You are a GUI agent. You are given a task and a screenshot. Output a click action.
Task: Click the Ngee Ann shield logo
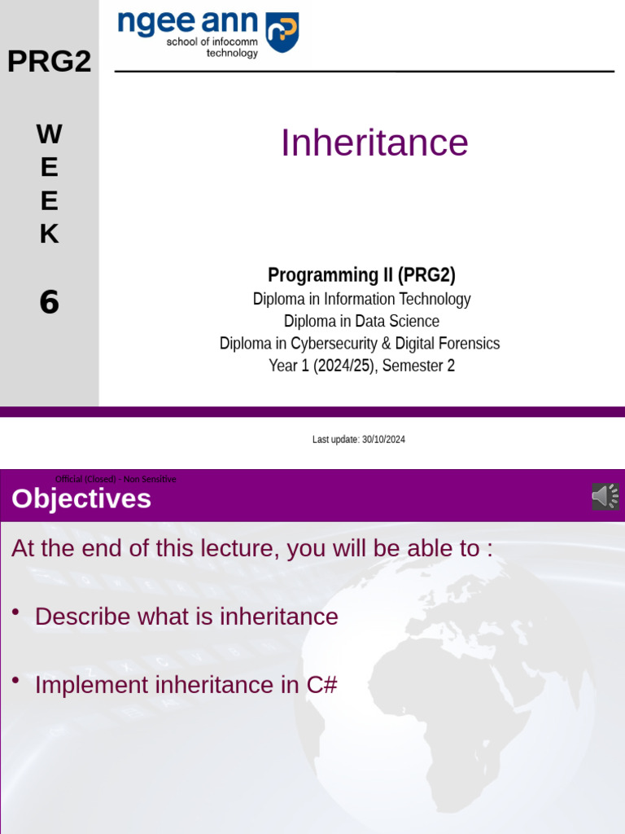coord(283,32)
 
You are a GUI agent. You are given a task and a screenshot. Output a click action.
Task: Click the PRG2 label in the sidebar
coord(49,61)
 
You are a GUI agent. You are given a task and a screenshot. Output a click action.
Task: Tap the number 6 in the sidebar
coord(50,302)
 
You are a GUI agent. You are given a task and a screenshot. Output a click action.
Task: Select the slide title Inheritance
coord(374,143)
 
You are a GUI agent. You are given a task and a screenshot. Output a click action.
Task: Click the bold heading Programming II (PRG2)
coord(361,275)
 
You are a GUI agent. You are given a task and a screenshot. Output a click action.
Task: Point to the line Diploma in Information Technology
coord(361,299)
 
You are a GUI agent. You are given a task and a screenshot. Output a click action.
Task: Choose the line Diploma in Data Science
coord(361,321)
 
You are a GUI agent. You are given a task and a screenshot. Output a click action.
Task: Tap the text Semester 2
coord(418,366)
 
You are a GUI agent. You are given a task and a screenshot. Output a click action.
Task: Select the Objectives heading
coord(81,498)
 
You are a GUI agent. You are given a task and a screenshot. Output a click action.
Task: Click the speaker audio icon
coord(605,497)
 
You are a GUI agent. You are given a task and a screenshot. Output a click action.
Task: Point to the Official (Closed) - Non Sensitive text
coord(116,479)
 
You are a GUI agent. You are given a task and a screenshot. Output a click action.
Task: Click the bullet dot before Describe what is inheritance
coord(16,612)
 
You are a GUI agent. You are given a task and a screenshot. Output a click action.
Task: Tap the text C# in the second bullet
coord(321,685)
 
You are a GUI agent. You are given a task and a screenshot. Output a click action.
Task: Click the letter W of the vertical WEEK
coord(49,134)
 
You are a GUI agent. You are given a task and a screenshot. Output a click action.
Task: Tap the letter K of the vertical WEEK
coord(49,234)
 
